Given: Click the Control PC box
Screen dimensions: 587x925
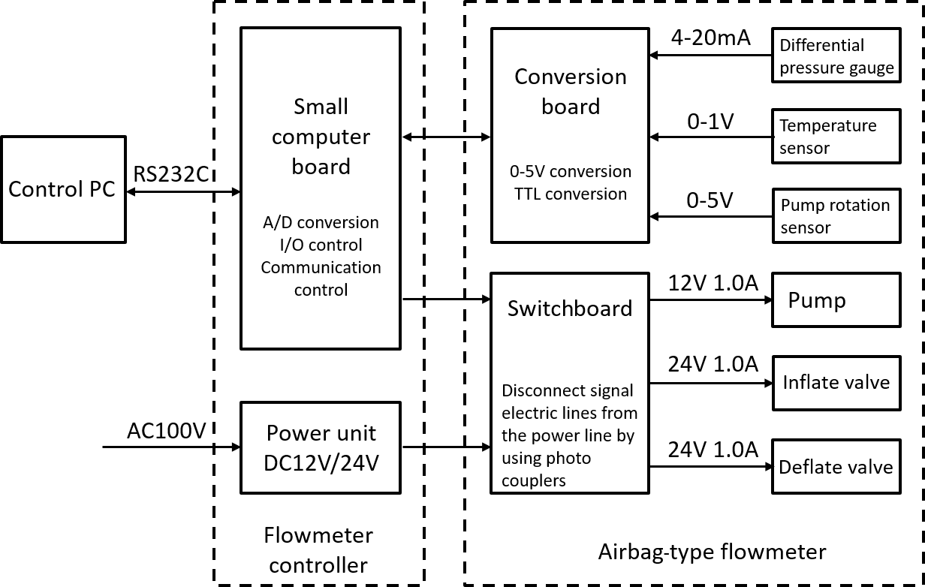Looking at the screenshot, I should pos(62,189).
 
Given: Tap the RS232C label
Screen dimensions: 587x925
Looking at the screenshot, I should pos(170,173).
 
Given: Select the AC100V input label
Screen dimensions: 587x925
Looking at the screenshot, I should pos(166,430).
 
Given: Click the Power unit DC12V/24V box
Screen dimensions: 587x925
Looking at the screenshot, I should pos(320,447).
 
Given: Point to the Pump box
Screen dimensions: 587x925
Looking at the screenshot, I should pos(836,300).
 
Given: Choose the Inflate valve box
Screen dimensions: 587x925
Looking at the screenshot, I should pos(836,382).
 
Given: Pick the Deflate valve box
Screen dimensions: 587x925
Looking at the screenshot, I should pos(836,467).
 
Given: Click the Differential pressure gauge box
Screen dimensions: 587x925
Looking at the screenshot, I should pos(836,56).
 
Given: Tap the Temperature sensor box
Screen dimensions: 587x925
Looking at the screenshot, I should pos(836,136).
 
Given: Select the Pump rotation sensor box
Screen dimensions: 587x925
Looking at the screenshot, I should pos(836,216).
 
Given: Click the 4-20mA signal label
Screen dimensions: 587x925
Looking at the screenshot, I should pos(710,38).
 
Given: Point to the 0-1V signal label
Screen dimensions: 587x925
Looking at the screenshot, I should pos(710,121).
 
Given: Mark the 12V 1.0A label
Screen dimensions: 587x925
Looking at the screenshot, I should pos(713,283).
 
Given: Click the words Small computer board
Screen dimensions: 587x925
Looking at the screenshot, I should pos(321,137).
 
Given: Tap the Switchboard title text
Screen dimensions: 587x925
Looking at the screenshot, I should pos(570,308).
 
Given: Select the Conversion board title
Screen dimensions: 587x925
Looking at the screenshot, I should pos(571,91).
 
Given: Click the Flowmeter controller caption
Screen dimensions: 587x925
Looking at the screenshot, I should pos(318,550).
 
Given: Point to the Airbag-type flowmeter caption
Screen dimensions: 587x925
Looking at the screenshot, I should pos(712,552).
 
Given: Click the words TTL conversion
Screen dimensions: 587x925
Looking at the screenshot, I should pos(571,194).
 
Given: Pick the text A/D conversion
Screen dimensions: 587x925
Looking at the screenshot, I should pos(321,222).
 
